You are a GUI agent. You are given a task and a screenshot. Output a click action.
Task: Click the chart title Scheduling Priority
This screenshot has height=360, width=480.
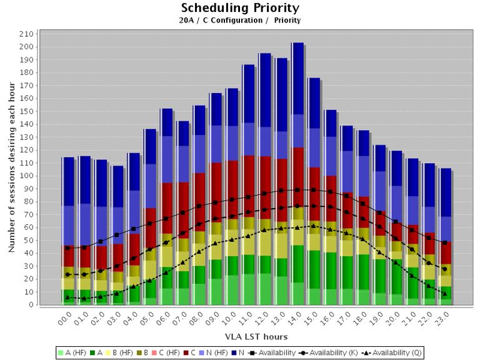(x=240, y=8)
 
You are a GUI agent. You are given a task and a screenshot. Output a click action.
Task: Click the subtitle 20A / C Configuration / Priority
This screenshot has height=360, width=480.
(x=240, y=20)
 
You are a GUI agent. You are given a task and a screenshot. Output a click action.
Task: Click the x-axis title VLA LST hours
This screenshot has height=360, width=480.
(x=256, y=337)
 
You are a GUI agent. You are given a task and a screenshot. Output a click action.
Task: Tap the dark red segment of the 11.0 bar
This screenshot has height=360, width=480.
(x=248, y=181)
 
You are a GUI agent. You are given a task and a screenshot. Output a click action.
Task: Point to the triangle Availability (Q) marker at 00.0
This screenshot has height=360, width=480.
(x=67, y=297)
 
